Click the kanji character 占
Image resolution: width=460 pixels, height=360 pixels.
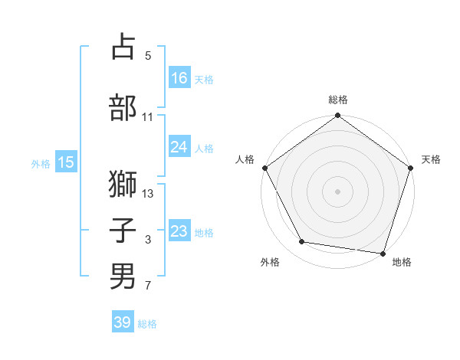click(x=123, y=47)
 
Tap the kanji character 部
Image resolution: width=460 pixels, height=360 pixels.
click(x=123, y=107)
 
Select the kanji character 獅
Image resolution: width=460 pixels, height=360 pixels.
click(x=123, y=185)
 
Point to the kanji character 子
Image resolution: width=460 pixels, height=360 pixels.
click(x=123, y=231)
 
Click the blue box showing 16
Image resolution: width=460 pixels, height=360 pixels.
click(x=179, y=77)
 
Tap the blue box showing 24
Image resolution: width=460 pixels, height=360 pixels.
click(x=179, y=147)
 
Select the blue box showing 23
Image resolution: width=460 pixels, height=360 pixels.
click(x=179, y=231)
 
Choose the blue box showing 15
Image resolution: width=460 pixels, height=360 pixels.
click(x=66, y=162)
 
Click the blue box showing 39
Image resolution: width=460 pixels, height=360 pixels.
click(x=123, y=322)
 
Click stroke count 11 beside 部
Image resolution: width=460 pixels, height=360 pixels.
click(x=148, y=117)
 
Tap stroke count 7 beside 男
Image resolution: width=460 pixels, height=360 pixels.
click(x=148, y=286)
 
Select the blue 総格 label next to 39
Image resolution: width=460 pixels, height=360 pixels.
click(x=147, y=324)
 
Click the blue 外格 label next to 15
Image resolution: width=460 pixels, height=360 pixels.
click(x=41, y=163)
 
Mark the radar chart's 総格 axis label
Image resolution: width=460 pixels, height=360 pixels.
click(x=338, y=100)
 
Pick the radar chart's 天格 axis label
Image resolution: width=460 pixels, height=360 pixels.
click(x=431, y=159)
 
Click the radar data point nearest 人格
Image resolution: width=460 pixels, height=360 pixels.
click(x=264, y=168)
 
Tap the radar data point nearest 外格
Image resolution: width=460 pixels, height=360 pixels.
click(x=302, y=242)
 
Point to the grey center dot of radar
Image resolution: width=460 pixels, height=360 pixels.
click(x=338, y=191)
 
